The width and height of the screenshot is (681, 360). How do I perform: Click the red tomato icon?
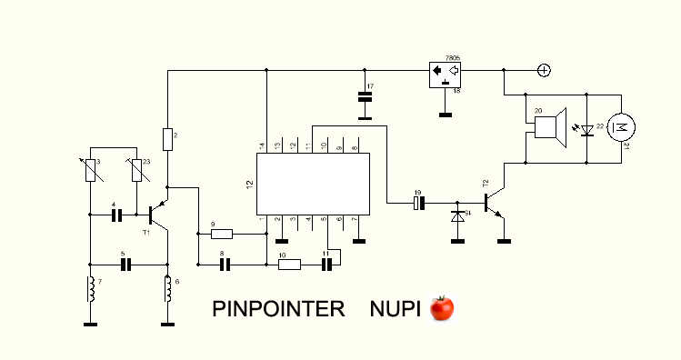tap(442, 308)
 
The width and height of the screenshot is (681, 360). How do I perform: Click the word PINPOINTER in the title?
tap(278, 309)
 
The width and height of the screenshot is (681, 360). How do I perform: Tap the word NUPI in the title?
tap(396, 309)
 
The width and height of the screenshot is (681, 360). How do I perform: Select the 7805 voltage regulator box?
tap(446, 75)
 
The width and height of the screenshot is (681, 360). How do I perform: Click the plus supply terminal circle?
tap(545, 70)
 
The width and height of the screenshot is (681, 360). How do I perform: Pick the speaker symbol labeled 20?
tap(550, 127)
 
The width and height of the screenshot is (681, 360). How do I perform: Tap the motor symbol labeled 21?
tap(621, 127)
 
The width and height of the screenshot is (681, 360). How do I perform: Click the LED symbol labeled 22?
tap(587, 130)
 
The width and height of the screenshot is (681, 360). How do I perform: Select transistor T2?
tap(495, 203)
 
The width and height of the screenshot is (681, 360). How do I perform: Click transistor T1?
tap(157, 214)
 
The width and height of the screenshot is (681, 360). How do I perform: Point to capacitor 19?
tap(419, 203)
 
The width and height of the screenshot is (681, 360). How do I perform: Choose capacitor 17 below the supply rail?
tap(365, 97)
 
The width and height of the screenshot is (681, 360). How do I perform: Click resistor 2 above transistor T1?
tap(167, 139)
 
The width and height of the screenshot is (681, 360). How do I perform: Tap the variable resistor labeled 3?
tap(91, 170)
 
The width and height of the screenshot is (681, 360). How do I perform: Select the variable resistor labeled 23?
tap(136, 170)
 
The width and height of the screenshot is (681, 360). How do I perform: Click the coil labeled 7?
tap(91, 289)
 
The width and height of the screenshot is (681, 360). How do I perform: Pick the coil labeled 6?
tap(167, 289)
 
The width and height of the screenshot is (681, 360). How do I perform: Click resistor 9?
tap(222, 234)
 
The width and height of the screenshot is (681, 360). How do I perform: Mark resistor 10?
tap(289, 264)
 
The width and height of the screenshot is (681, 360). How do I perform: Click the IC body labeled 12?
tap(313, 184)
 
